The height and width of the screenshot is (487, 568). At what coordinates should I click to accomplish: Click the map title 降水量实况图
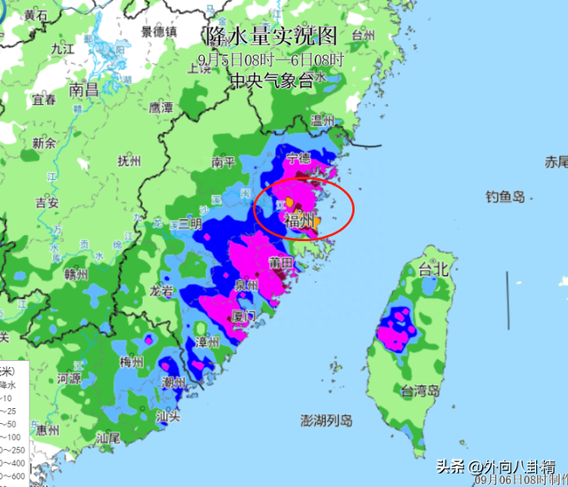click(x=272, y=36)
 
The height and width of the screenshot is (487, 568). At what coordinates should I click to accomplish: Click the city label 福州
click(x=300, y=221)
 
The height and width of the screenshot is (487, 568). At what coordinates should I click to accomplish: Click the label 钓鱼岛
click(x=505, y=197)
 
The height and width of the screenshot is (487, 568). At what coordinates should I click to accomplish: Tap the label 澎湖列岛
click(x=326, y=420)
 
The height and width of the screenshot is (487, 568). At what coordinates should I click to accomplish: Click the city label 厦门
click(x=242, y=316)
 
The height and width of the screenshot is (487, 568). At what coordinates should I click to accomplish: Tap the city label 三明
click(x=188, y=224)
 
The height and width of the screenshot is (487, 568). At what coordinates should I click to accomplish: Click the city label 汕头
click(x=169, y=415)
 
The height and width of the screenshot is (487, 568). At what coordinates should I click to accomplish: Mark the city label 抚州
click(x=130, y=161)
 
